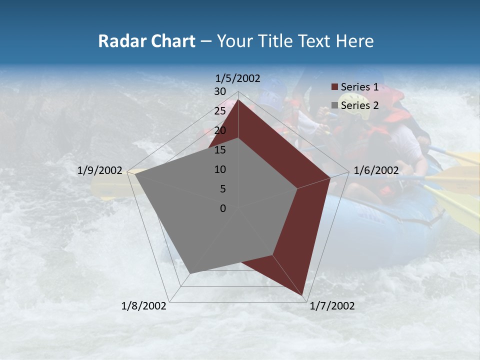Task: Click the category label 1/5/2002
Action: pos(237,78)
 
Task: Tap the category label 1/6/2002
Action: pos(376,170)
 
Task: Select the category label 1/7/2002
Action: pos(332,306)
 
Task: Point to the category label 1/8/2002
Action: pos(143,306)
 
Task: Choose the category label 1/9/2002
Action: pos(99,170)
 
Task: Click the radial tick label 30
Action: pos(220,91)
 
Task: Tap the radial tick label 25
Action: pos(220,111)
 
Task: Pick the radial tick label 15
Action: pos(220,150)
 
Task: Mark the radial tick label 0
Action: pos(223,208)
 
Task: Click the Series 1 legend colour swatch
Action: pos(334,87)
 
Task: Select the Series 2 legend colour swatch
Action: pos(334,105)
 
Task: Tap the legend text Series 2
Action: pos(359,105)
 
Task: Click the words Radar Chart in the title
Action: pos(146,41)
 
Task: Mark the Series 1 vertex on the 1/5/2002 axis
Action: pos(238,100)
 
